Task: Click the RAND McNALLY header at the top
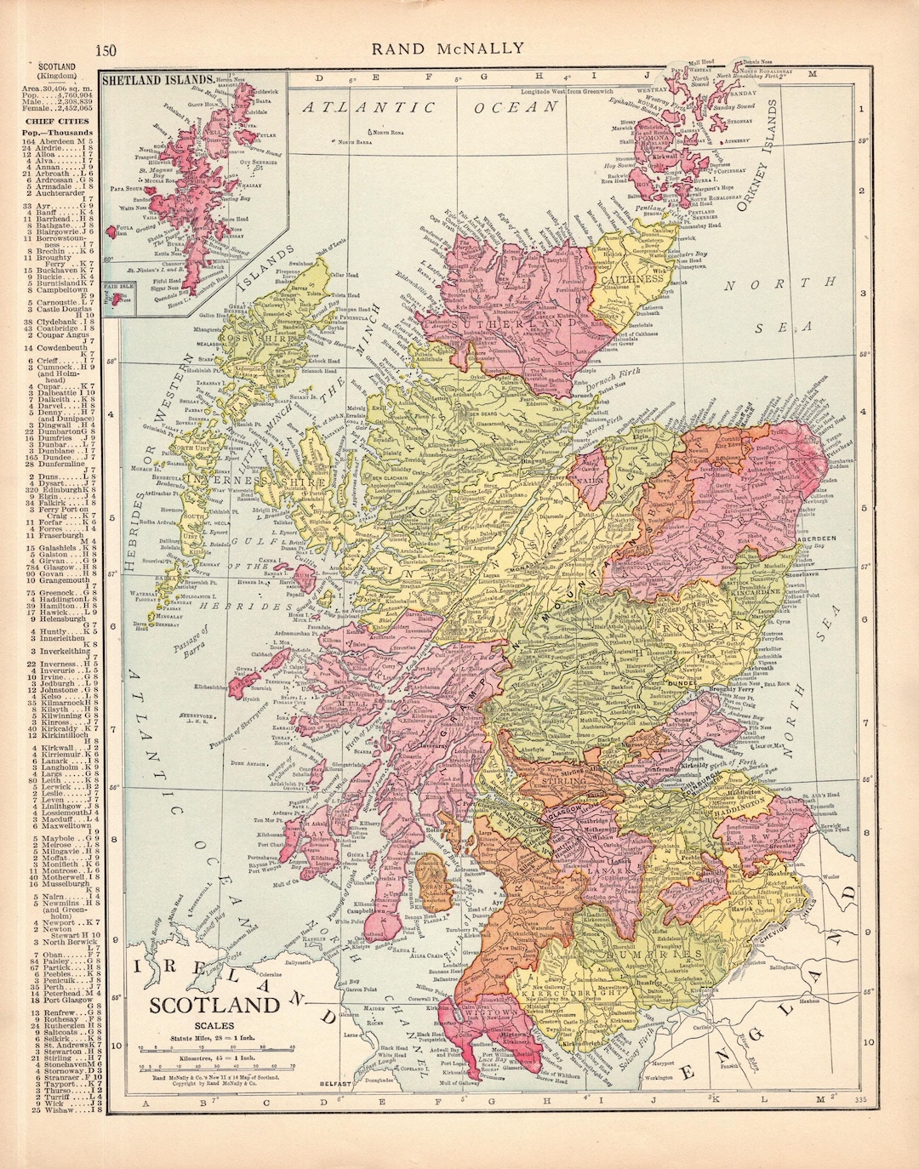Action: (x=448, y=48)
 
